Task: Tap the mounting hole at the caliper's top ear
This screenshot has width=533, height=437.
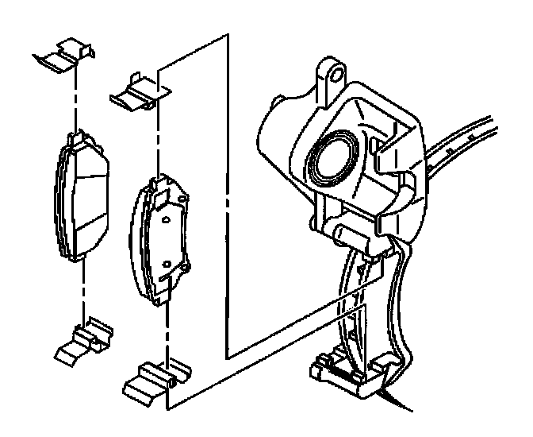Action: tap(336, 74)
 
